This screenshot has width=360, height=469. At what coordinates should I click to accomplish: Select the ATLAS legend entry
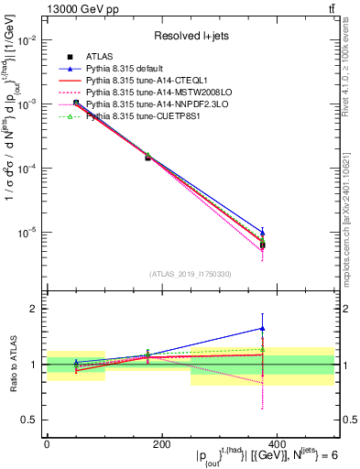point(100,58)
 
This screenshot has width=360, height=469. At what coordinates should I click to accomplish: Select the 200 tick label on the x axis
point(161,444)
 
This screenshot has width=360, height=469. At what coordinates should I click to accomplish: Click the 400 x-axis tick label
point(276,444)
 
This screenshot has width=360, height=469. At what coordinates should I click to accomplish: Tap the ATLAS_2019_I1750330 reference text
point(191,273)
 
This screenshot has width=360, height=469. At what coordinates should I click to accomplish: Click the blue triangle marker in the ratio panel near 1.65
point(263,328)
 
